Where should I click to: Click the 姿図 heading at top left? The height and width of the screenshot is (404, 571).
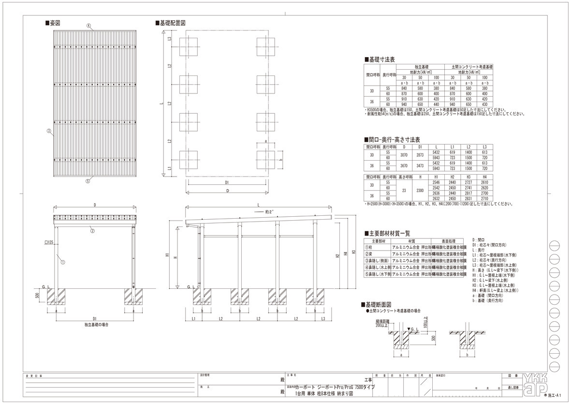(x=53, y=23)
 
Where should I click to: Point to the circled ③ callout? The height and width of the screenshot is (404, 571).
(x=49, y=131)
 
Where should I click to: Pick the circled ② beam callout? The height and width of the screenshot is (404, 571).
(x=92, y=231)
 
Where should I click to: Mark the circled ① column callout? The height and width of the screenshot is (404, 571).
(x=62, y=262)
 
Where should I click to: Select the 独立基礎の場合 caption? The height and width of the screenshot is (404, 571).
(x=95, y=325)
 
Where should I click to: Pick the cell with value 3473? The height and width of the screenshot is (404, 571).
(x=420, y=165)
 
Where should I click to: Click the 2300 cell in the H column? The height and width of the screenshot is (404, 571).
(x=420, y=190)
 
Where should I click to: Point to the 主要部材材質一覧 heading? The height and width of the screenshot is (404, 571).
(x=389, y=233)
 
